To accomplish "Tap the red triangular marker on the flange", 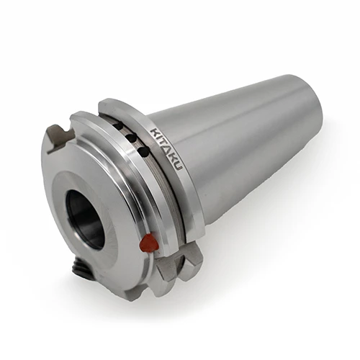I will (149, 243).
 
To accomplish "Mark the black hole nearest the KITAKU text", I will (143, 151).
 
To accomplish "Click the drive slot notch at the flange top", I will (59, 137).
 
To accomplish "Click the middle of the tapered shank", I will (230, 144).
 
